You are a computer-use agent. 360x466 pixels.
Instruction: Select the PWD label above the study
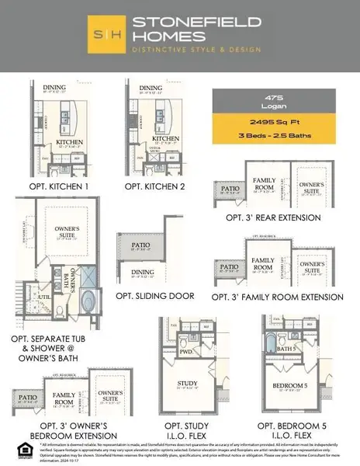(185, 350)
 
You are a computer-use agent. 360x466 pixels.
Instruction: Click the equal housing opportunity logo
(19, 446)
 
